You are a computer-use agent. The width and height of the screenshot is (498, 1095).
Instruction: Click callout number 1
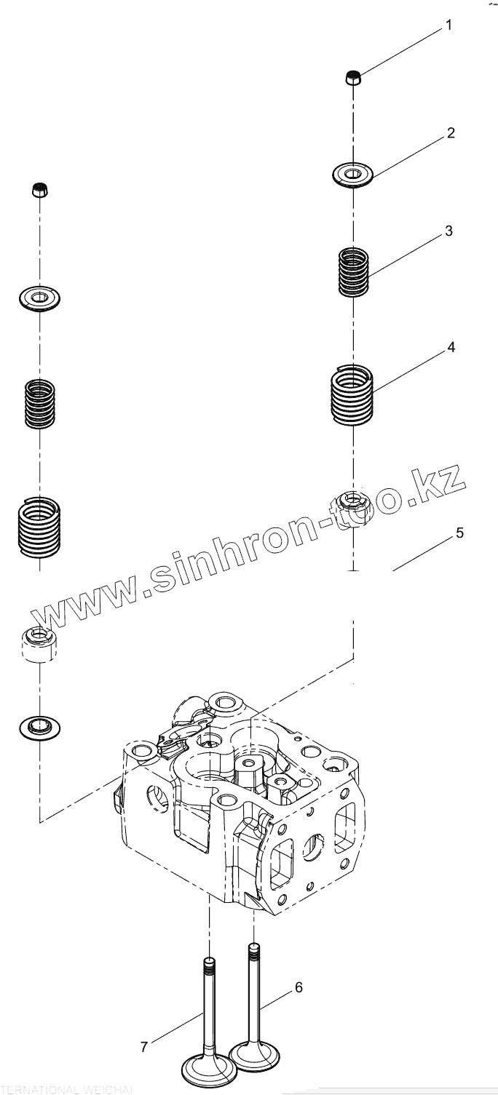point(448,25)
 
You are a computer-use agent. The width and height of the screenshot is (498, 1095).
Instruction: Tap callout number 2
point(451,133)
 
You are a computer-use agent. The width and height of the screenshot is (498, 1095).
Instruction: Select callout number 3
point(448,231)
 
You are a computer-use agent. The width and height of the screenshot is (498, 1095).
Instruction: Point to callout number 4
point(451,348)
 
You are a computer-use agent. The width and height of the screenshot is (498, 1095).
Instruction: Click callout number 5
point(459,533)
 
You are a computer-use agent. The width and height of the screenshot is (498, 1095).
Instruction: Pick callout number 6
point(298,987)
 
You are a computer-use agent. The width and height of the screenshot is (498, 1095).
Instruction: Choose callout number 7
point(144,1047)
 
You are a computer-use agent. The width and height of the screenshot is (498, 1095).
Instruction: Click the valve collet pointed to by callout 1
point(352,76)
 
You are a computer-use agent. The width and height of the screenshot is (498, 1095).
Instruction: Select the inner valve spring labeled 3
point(355,272)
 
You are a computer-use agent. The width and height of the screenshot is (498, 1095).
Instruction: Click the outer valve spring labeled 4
point(353,394)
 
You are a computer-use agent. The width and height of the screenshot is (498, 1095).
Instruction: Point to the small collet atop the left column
point(40,191)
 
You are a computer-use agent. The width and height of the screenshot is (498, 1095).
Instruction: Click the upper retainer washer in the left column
point(39,298)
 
